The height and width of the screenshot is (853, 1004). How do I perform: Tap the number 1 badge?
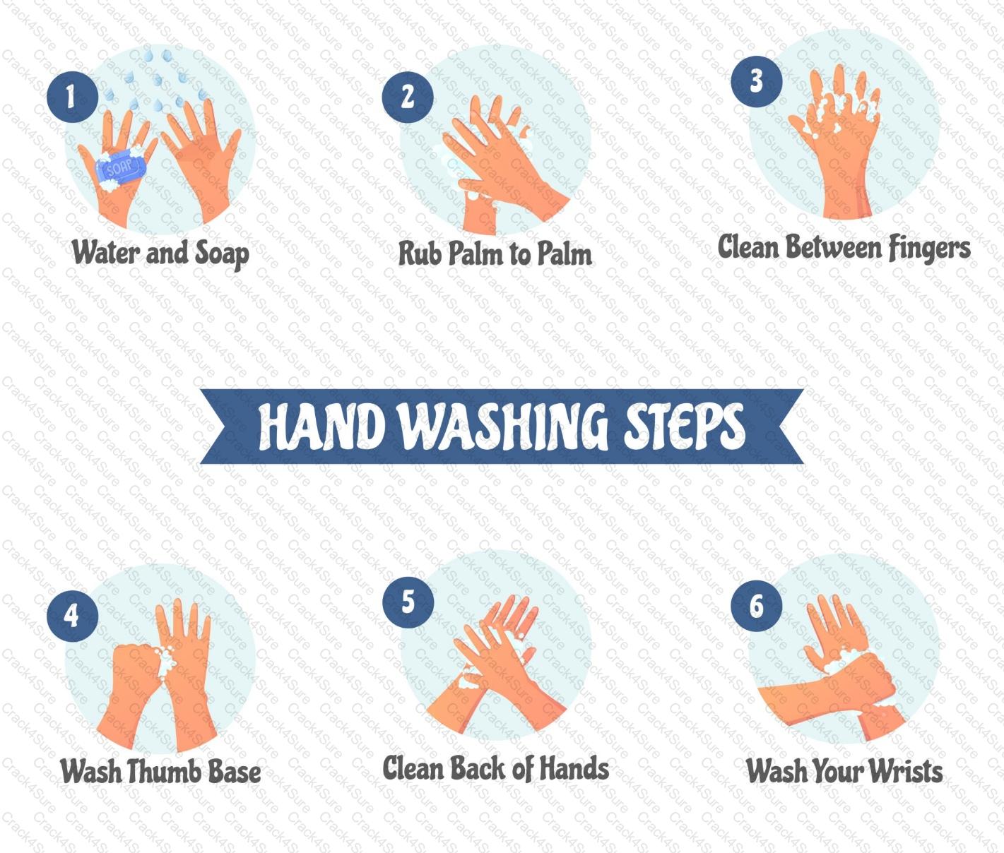tap(72, 97)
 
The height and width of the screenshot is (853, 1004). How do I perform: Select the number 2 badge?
tap(408, 97)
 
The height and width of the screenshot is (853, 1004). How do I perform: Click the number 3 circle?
tap(756, 81)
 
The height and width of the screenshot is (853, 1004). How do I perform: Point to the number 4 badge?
tap(72, 616)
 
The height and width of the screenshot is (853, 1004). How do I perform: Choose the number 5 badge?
tap(408, 602)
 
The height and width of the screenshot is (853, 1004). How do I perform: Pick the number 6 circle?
tap(756, 605)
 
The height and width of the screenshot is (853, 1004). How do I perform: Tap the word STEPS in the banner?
tap(684, 426)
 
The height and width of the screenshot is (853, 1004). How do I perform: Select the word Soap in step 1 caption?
tap(222, 254)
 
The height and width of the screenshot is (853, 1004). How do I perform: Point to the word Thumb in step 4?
tap(164, 771)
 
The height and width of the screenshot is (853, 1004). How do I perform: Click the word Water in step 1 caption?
tap(106, 253)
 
